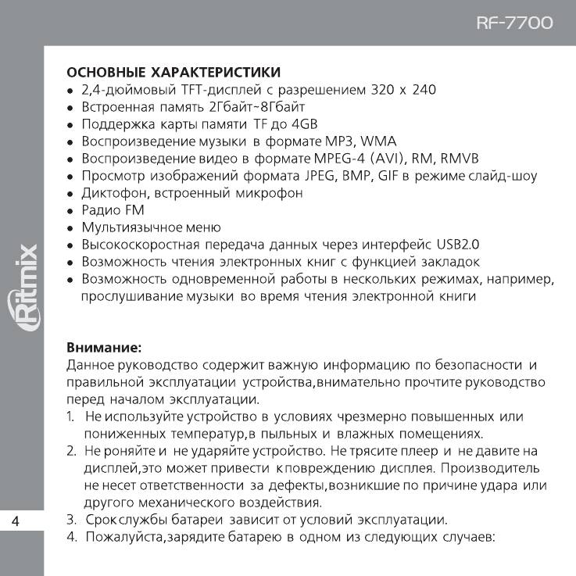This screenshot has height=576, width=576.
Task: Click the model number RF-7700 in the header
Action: (x=513, y=23)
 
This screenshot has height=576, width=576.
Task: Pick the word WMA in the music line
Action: (x=380, y=141)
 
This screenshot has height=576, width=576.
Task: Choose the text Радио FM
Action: (x=113, y=210)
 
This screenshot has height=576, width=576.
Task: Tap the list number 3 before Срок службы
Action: (x=70, y=519)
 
